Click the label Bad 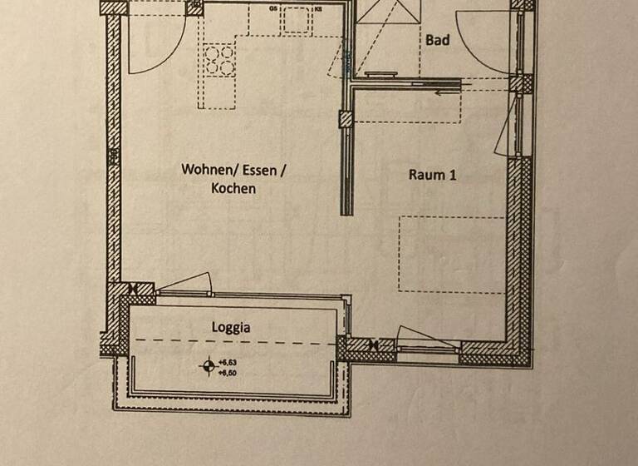(438, 40)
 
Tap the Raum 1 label (433, 175)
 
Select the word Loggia (230, 327)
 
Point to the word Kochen (233, 189)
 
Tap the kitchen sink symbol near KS (295, 20)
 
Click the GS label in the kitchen (273, 8)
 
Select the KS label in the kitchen (317, 8)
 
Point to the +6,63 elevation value (228, 362)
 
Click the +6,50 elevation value (228, 373)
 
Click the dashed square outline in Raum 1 (451, 254)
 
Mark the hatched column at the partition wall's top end (344, 118)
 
